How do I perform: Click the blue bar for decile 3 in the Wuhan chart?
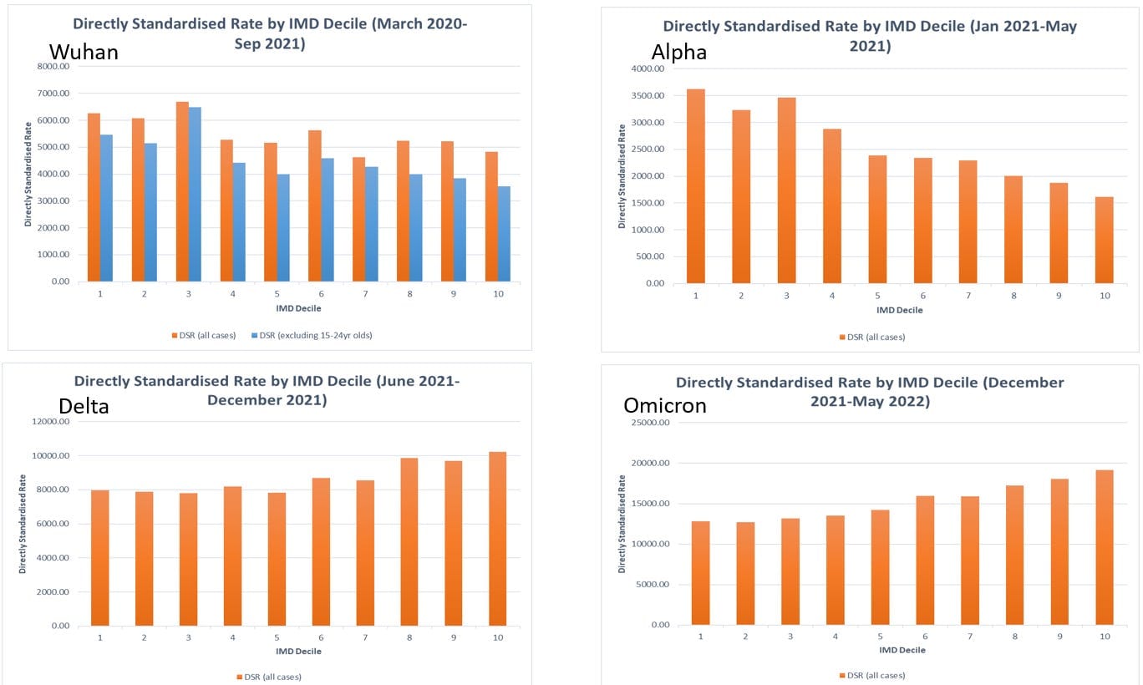click(195, 195)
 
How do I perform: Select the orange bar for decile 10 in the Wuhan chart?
click(491, 216)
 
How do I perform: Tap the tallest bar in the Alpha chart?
click(696, 186)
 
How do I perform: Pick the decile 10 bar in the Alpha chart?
click(1105, 241)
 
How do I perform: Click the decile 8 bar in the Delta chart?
click(409, 541)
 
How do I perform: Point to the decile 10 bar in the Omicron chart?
click(1105, 547)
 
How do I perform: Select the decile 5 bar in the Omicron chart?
click(880, 567)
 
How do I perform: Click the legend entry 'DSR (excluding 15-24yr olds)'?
click(312, 336)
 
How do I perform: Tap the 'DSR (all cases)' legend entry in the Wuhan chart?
click(204, 336)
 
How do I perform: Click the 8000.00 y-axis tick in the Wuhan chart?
click(53, 66)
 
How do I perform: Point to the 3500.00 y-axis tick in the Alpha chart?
click(648, 95)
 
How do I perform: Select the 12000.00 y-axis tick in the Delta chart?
click(51, 421)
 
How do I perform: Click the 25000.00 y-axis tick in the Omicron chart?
click(650, 423)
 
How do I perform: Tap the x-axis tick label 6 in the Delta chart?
click(321, 637)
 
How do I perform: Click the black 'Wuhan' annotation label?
click(84, 52)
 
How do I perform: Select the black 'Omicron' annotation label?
click(665, 405)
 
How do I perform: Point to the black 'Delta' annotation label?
click(84, 407)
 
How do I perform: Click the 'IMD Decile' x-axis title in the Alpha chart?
click(900, 310)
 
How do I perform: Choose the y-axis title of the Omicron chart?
click(622, 524)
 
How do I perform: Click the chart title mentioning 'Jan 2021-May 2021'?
click(870, 36)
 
